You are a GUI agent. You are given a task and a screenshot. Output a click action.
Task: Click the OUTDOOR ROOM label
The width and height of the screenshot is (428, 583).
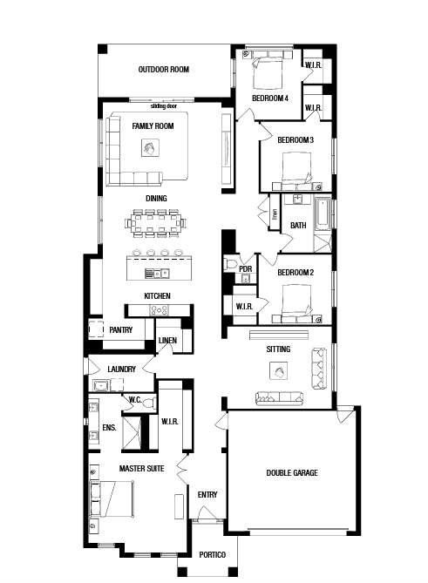coord(164,70)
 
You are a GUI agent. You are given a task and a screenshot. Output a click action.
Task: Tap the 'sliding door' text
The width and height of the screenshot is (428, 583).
coord(164,106)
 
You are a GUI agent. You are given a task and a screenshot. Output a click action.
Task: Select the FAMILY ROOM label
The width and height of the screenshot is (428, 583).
coord(153,126)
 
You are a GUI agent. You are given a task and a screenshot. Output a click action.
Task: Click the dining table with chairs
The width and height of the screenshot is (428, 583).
coord(156,223)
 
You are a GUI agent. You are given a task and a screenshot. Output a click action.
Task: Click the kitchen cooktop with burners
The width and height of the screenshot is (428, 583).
coord(160,309)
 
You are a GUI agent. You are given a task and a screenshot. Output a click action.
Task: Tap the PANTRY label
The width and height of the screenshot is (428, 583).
coord(121,329)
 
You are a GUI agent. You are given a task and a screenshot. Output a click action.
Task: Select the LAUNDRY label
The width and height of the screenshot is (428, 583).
coord(121,369)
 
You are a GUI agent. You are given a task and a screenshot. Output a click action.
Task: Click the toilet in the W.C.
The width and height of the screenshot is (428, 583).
coord(150,403)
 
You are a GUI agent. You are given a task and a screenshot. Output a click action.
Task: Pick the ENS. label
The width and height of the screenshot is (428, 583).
coord(109,428)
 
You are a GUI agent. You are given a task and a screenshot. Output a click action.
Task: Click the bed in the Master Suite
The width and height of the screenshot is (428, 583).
coord(112,499)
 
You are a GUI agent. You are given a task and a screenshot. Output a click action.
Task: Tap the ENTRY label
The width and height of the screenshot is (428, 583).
coord(207,495)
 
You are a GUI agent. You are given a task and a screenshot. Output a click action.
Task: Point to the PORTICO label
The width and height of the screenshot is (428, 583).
coord(213,555)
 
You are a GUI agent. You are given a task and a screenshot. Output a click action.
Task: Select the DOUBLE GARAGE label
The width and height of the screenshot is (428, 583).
coord(292,473)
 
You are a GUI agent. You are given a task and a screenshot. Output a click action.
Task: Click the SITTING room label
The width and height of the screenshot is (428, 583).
coord(278,349)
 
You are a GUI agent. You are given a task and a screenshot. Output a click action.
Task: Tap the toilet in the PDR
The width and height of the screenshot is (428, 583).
coord(230,264)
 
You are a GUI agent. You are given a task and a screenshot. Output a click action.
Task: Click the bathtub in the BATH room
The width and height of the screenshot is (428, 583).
coord(323,214)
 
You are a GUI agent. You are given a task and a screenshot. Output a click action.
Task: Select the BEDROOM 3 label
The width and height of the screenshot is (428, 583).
coord(296,140)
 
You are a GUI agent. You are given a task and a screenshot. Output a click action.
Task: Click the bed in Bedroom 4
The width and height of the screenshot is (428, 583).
coord(267,72)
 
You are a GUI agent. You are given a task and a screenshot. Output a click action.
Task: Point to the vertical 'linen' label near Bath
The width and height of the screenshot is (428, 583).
coord(275,214)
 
